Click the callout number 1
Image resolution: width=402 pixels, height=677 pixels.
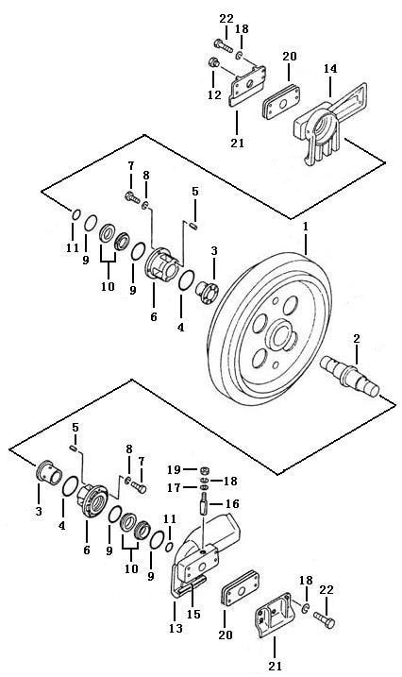coord(306,228)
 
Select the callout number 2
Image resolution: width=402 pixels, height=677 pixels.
coord(357,339)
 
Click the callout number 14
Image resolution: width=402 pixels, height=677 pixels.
coord(330,69)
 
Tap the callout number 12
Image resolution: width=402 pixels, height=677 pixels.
coord(214,95)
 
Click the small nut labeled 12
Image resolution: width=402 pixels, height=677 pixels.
coord(212,62)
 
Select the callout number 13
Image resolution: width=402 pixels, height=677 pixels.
coord(176,628)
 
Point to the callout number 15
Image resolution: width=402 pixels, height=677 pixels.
coord(194,614)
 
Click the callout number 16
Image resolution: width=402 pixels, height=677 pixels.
coord(232,504)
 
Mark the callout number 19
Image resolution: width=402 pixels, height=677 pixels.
coord(175,469)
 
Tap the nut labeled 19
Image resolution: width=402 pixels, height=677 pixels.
coord(206,469)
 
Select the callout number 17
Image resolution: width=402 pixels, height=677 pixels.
coord(175,488)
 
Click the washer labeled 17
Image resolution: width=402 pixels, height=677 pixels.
coord(206,487)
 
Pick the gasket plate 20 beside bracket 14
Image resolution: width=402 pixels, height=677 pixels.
coord(282,102)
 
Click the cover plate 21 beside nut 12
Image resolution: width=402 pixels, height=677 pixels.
coord(246,86)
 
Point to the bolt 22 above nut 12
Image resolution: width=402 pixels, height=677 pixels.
coord(223,45)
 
